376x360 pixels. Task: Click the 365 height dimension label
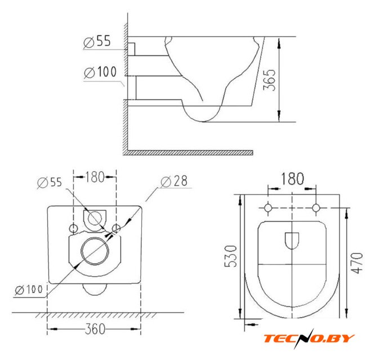point(269,80)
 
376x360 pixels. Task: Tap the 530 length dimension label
point(230,256)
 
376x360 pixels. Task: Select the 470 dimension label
point(357,263)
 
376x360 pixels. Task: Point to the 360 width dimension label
point(95,329)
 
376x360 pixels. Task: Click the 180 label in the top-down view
point(292,179)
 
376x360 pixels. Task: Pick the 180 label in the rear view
point(95,177)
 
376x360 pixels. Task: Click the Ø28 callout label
point(174,181)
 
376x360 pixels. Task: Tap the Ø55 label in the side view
point(97,41)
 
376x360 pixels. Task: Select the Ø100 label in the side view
point(100,72)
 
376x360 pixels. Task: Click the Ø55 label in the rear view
point(50,182)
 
